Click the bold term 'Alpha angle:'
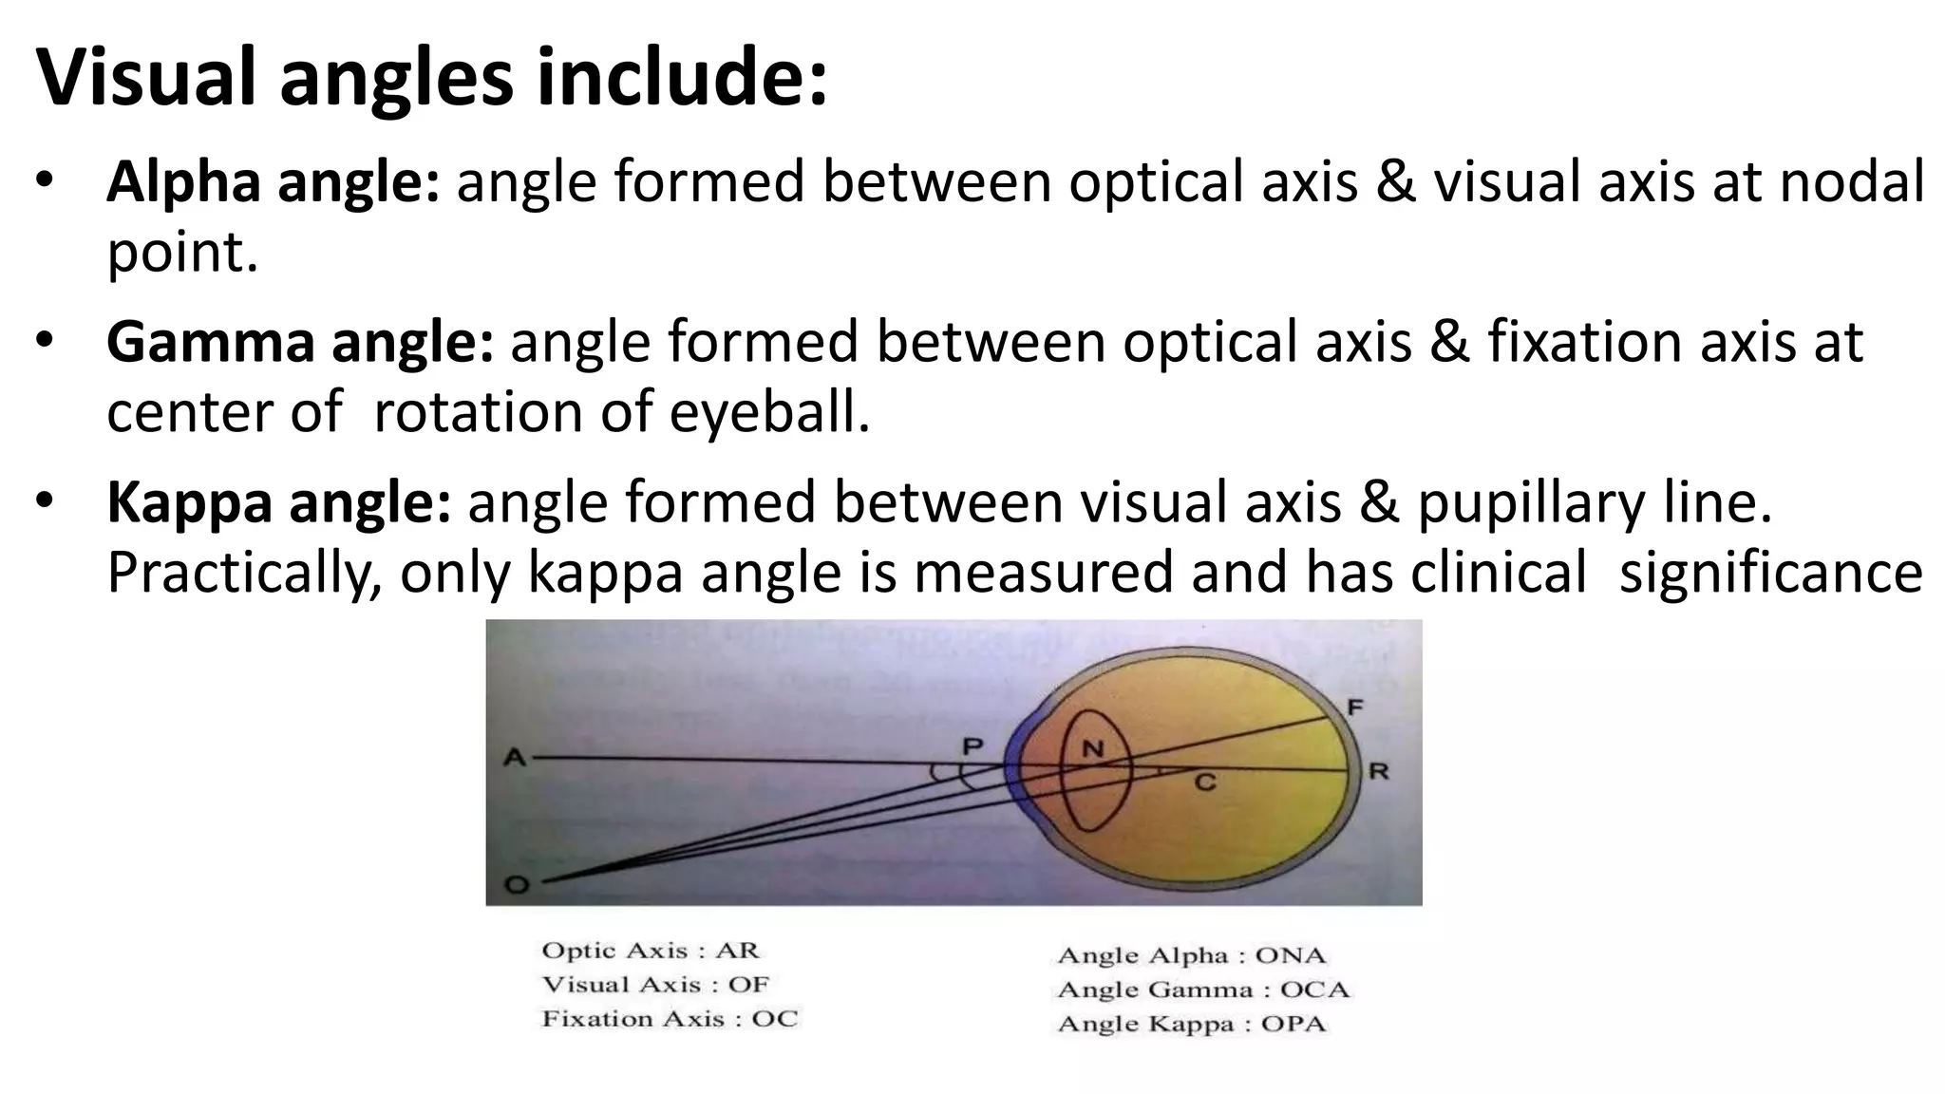click(x=273, y=181)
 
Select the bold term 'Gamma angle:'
click(x=299, y=342)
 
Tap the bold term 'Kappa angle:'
click(x=278, y=502)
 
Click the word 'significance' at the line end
click(x=1770, y=573)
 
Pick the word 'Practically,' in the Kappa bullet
click(x=244, y=573)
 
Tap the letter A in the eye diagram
click(x=514, y=758)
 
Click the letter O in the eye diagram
click(x=516, y=885)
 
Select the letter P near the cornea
click(x=972, y=747)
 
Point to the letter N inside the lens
click(x=1093, y=749)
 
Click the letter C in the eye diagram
click(x=1204, y=783)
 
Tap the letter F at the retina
click(x=1355, y=707)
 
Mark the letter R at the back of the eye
click(x=1378, y=771)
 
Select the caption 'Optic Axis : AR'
click(x=651, y=951)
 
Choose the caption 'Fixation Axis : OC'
click(x=670, y=1019)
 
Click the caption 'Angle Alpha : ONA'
click(x=1191, y=955)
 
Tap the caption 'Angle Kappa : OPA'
click(x=1191, y=1024)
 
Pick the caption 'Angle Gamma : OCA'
click(x=1202, y=990)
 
